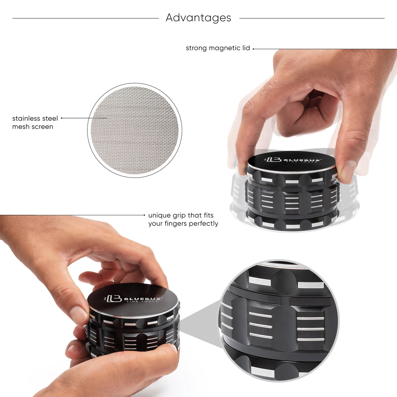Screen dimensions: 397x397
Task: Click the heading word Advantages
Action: coord(198,18)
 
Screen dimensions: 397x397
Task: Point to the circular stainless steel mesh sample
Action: coord(134,130)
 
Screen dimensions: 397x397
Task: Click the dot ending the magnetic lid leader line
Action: coord(253,49)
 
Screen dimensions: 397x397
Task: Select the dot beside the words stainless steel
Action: coord(61,118)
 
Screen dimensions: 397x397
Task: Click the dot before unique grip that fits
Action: coord(145,215)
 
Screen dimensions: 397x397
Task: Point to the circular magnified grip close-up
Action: coord(279,320)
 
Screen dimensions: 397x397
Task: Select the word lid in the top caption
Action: coord(246,48)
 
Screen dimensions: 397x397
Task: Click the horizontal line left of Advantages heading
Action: coord(85,18)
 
